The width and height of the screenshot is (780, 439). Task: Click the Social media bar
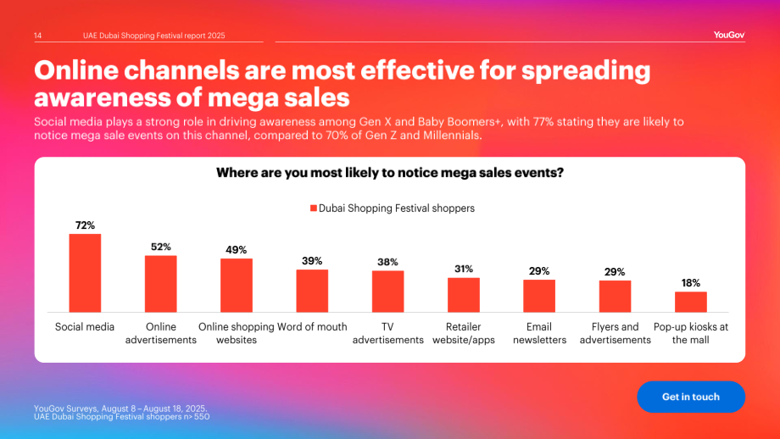(85, 273)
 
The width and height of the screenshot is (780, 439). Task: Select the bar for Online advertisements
(161, 284)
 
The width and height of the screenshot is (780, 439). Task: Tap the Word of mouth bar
(312, 291)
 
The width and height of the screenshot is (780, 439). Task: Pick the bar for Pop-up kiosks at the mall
(691, 302)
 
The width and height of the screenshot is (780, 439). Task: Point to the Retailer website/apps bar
(464, 295)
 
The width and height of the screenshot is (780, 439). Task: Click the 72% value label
(85, 225)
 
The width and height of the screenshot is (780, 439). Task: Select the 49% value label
(237, 249)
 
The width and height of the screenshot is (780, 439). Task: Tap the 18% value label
(691, 283)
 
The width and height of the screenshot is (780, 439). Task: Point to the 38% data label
(387, 262)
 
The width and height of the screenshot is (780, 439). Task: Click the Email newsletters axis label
(540, 333)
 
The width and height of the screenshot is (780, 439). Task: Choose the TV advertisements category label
(388, 333)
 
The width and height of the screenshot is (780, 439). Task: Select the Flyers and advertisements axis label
(616, 333)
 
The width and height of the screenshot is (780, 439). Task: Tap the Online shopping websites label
(237, 333)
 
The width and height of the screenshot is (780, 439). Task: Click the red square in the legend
(314, 208)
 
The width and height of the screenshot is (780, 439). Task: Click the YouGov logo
(729, 35)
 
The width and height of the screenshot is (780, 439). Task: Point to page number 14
(38, 36)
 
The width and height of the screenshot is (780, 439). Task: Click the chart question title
(390, 173)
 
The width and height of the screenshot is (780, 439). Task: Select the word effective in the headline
(417, 70)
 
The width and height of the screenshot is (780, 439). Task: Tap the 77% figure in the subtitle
(543, 122)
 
